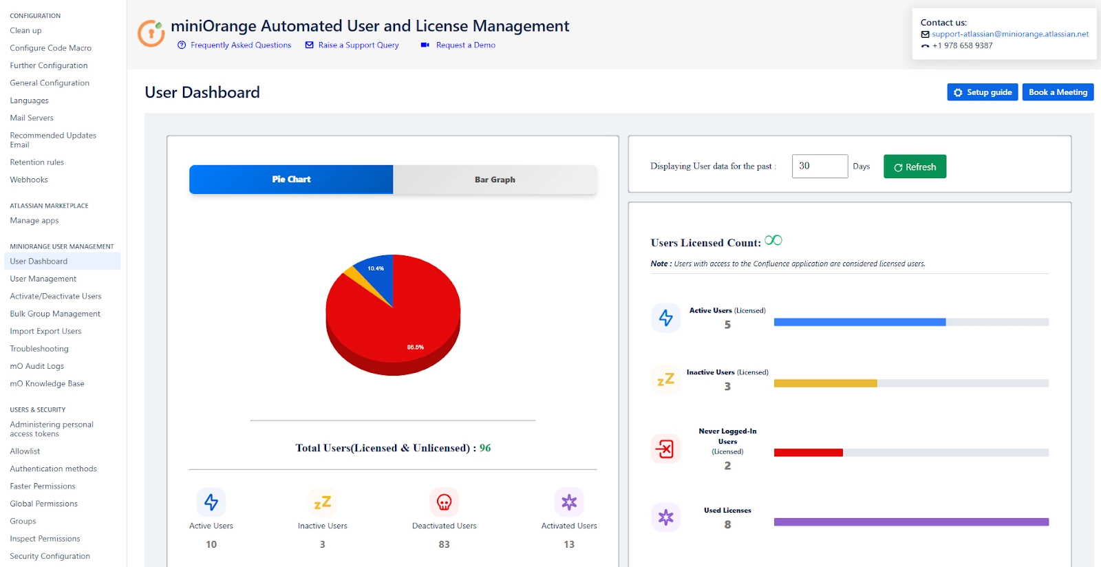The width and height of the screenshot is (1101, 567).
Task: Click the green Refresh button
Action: (915, 167)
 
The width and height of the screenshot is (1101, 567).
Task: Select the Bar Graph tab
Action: (495, 180)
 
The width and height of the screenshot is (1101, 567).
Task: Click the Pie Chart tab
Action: (291, 180)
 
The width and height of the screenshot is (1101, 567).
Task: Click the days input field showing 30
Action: (819, 167)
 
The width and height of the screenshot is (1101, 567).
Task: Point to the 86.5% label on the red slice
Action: (415, 347)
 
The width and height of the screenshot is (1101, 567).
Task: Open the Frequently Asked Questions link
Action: (240, 45)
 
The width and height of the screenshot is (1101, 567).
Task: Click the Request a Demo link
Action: (465, 45)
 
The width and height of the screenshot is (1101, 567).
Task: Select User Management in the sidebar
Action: (43, 279)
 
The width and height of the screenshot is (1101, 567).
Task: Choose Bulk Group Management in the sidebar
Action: (55, 314)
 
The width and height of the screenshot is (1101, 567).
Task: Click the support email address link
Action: (1009, 34)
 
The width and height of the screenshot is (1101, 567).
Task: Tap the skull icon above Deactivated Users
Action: (444, 502)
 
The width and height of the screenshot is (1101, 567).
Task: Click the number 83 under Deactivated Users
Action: (444, 544)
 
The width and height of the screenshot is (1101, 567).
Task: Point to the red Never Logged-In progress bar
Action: (808, 453)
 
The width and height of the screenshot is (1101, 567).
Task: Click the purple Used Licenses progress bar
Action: (910, 522)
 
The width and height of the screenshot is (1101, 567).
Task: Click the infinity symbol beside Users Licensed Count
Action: (773, 240)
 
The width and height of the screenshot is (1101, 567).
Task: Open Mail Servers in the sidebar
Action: (32, 118)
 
